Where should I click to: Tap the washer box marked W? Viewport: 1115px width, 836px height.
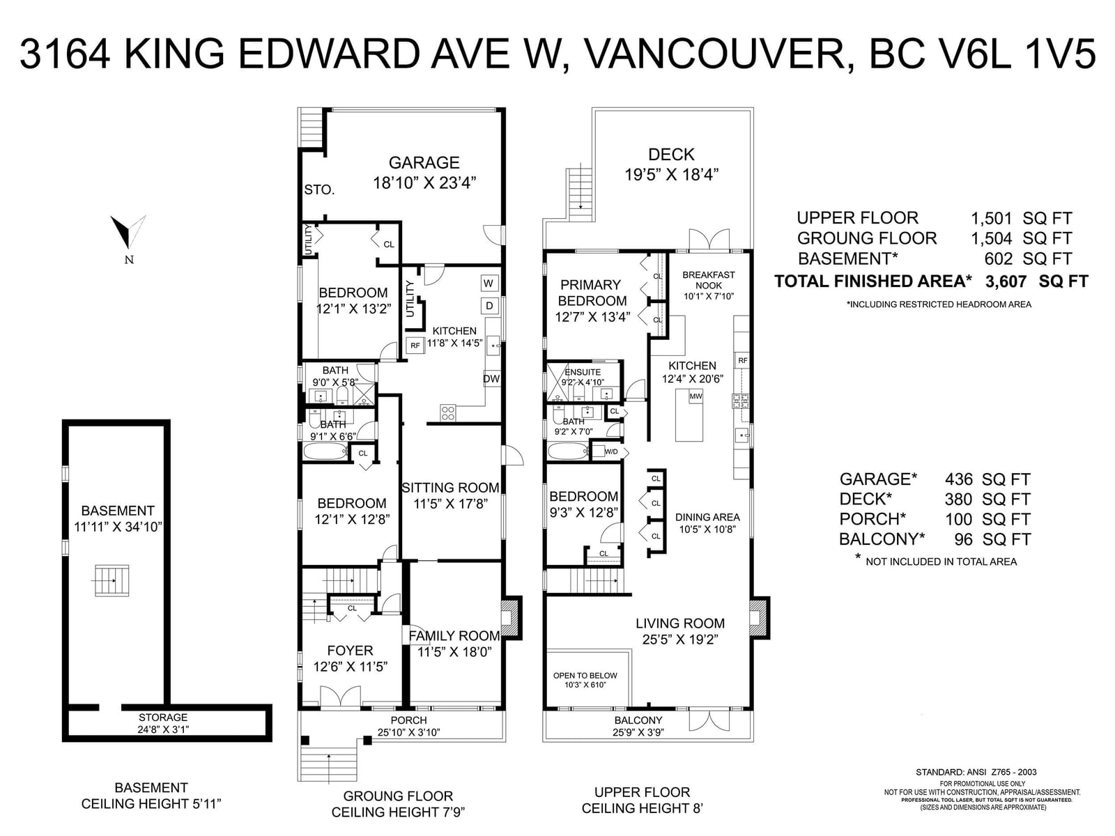point(489,284)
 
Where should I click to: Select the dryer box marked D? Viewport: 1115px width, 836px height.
point(489,306)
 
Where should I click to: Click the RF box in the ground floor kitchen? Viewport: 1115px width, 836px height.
point(415,345)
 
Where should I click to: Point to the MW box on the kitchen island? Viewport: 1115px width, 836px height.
point(695,396)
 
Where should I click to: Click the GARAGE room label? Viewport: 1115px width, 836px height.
point(424,162)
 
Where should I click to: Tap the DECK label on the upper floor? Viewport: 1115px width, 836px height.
point(671,154)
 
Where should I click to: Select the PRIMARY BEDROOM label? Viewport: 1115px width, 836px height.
point(592,293)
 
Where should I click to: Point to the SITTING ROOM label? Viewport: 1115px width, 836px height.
point(451,488)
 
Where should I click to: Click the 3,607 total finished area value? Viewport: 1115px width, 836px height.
point(1006,281)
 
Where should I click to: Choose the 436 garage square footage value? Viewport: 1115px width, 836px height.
point(958,479)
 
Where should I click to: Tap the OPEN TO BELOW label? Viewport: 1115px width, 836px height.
point(585,676)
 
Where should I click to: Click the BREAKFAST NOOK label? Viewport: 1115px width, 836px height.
point(709,280)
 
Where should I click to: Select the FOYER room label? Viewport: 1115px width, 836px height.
point(350,651)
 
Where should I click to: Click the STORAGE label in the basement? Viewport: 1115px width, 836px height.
point(163,718)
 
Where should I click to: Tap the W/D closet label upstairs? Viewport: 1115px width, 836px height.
point(611,451)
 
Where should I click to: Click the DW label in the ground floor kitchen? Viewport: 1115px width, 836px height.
point(491,379)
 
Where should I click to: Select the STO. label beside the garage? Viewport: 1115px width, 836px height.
point(319,189)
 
